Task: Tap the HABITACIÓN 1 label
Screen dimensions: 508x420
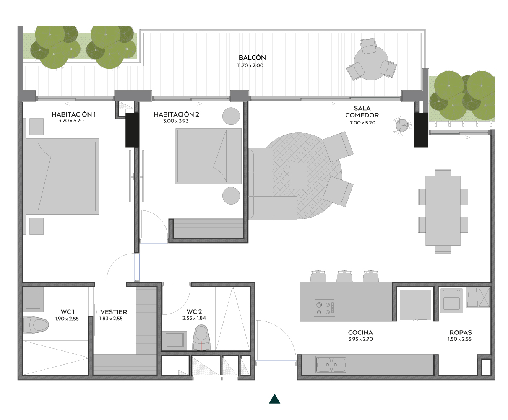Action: tap(73, 114)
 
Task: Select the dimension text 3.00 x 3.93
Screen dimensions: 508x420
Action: tap(176, 121)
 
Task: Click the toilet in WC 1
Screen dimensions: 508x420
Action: tap(36, 325)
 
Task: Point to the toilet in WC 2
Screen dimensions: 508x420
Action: tap(201, 338)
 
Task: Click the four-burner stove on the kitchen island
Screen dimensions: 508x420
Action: tap(324, 308)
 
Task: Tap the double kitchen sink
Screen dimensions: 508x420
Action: tap(331, 365)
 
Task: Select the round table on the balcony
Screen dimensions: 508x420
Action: tap(371, 63)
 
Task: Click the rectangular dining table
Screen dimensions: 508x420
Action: tap(443, 210)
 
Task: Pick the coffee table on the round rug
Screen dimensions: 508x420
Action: tap(299, 176)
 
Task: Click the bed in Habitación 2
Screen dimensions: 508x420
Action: tap(208, 156)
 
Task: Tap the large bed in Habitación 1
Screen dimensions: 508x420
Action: tap(62, 176)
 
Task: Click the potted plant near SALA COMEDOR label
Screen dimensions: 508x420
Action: tap(402, 125)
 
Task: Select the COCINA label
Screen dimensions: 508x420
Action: tap(360, 332)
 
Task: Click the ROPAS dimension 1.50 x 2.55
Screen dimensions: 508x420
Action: tap(459, 339)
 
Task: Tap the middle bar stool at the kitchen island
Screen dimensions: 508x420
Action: tap(344, 276)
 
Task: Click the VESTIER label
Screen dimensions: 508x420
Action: tap(114, 312)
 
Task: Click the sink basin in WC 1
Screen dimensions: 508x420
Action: tap(33, 300)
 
